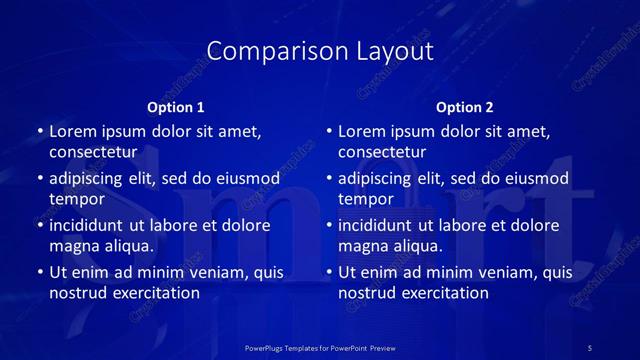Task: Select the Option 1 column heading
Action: [x=176, y=107]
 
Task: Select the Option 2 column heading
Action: [x=465, y=107]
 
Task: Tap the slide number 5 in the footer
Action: [x=590, y=347]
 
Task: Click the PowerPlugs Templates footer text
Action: [x=321, y=347]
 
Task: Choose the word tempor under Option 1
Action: [x=77, y=199]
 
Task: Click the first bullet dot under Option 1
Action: [x=40, y=132]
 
